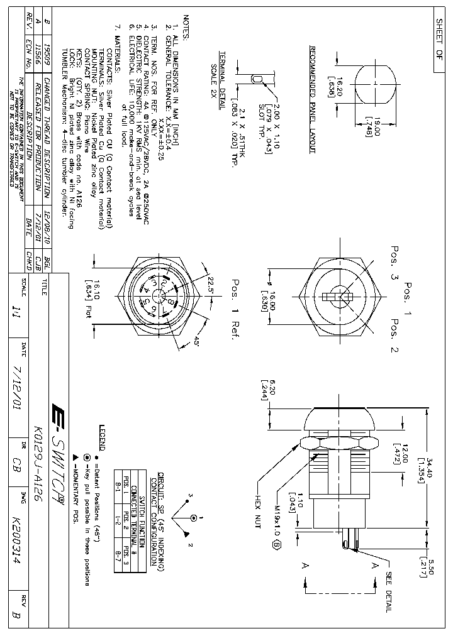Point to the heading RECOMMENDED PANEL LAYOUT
[x=313, y=100]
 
